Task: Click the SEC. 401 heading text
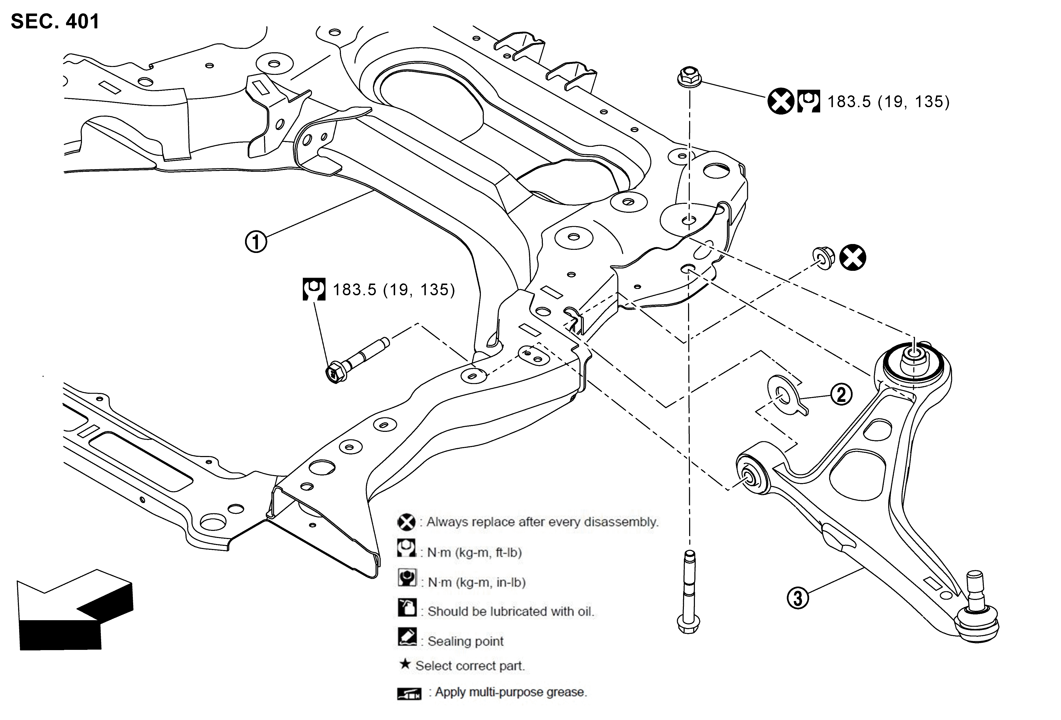pos(55,22)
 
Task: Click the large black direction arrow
pos(75,609)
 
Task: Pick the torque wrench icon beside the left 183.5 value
pos(314,289)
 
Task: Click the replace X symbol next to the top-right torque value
pos(781,101)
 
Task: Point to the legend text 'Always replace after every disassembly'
pos(542,522)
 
